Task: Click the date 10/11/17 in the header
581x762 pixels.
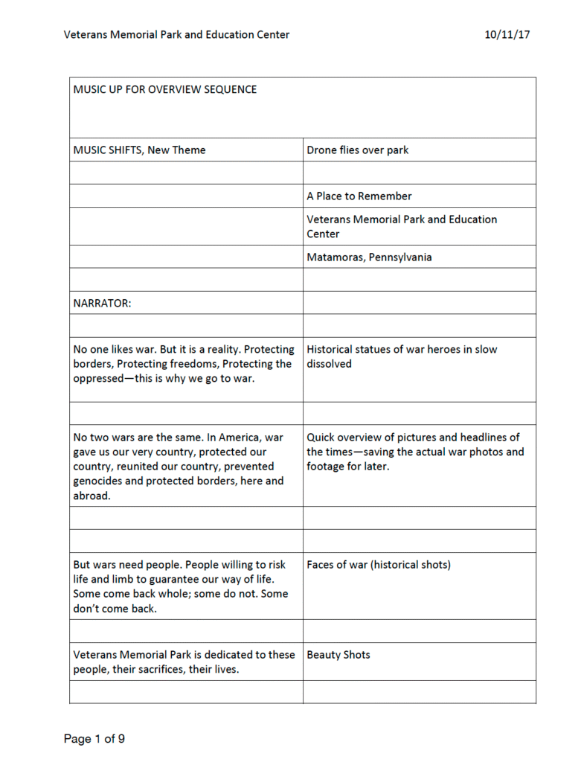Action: [507, 34]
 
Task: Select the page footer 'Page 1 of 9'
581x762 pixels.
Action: [94, 739]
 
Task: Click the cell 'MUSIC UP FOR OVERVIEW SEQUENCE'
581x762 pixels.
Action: [165, 90]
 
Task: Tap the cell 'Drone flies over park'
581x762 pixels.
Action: [358, 150]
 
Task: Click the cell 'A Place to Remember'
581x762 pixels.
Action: [359, 196]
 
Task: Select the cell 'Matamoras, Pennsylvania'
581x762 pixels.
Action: [369, 257]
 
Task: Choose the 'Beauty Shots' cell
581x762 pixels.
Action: [338, 655]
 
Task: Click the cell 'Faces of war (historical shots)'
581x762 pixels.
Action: [379, 565]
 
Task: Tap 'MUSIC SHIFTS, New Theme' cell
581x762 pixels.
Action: [140, 150]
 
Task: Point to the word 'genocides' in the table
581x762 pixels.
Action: [100, 481]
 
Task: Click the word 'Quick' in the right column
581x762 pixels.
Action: [322, 438]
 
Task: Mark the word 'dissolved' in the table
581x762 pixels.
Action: [330, 364]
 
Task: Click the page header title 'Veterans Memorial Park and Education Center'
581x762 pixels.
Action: [176, 34]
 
